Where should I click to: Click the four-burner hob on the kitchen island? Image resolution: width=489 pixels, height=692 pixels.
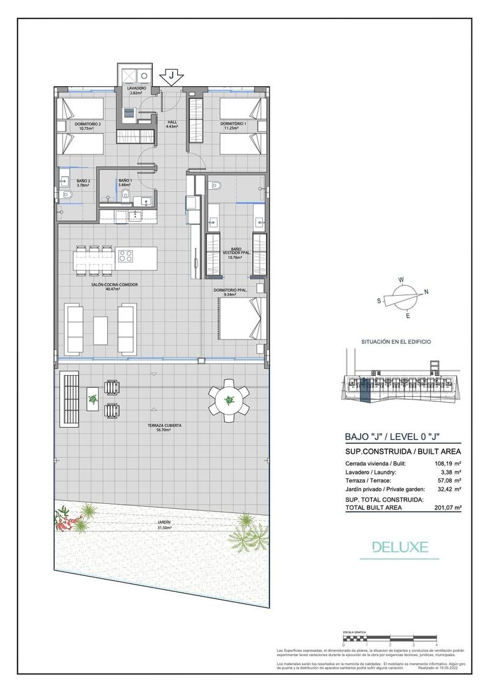pos(126,255)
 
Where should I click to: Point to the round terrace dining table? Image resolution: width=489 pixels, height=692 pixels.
pos(229,401)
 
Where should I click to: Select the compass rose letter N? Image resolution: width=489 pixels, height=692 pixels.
pos(426,292)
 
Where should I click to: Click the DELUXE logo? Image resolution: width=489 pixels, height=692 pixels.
pos(405,547)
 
